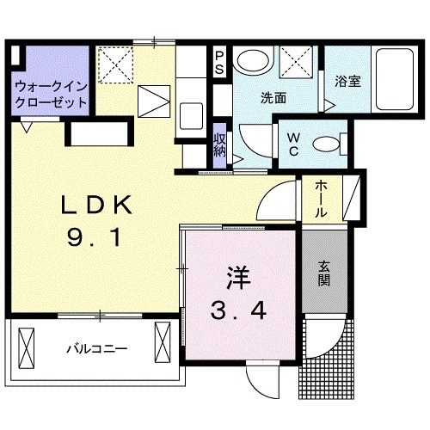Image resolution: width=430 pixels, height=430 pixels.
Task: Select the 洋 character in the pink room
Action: tap(236, 278)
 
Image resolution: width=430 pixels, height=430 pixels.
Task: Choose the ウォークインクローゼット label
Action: tap(50, 94)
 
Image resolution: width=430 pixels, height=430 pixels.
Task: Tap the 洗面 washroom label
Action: tap(274, 98)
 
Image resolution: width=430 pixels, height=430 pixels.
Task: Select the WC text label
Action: tap(292, 144)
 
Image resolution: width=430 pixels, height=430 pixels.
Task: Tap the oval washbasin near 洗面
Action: tap(252, 61)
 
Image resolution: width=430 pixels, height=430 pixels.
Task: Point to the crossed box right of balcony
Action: tap(162, 344)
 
